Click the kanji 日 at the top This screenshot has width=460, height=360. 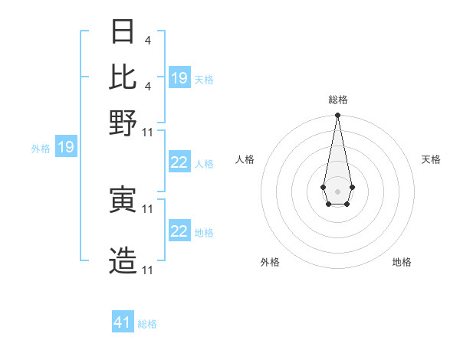click(x=123, y=33)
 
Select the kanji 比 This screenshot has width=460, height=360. click(x=123, y=77)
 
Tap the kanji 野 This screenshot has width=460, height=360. click(x=123, y=121)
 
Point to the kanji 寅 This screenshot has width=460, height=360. click(x=123, y=200)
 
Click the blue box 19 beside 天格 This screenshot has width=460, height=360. click(x=179, y=77)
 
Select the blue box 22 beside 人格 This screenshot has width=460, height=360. click(x=179, y=162)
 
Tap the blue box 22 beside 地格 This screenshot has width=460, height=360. click(x=179, y=231)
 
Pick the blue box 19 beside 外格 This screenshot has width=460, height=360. click(x=66, y=147)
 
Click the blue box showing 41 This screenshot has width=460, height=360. click(x=123, y=322)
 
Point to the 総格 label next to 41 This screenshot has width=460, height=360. click(x=147, y=324)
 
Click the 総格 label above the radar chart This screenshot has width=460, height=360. click(x=338, y=100)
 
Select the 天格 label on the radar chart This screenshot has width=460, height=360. click(x=431, y=159)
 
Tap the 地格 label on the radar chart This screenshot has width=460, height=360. click(x=402, y=262)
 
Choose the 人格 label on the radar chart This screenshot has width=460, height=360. click(x=245, y=159)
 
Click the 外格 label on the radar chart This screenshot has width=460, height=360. click(x=270, y=262)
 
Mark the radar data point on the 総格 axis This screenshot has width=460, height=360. click(x=337, y=115)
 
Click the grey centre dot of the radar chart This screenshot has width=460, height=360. click(x=337, y=191)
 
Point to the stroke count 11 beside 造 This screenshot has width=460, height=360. click(x=148, y=270)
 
